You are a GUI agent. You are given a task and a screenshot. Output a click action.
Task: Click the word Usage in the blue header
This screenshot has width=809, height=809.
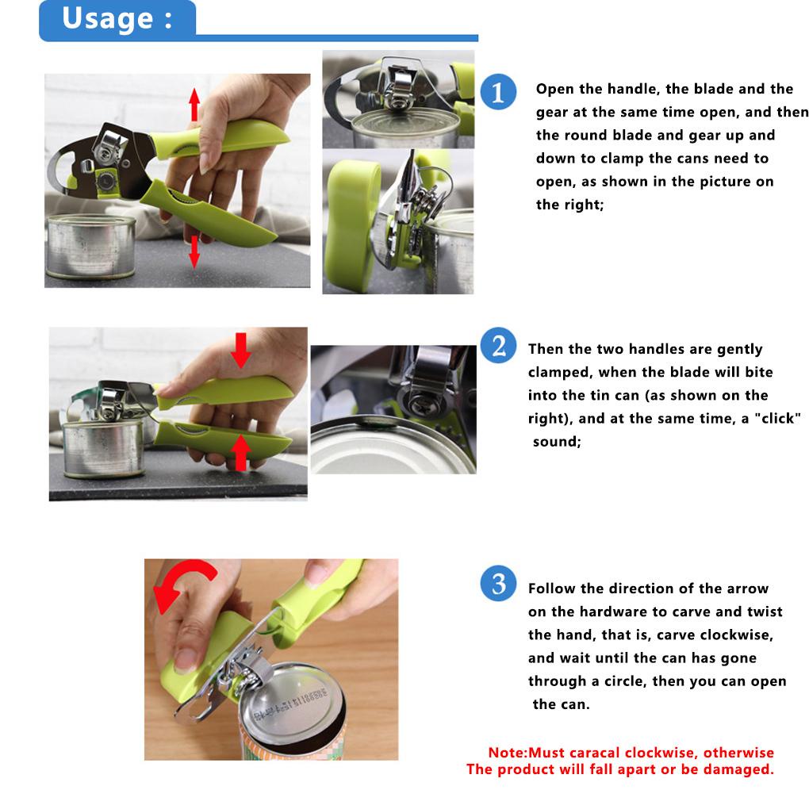(107, 19)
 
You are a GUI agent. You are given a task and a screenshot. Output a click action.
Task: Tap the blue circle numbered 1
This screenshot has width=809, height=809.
(498, 92)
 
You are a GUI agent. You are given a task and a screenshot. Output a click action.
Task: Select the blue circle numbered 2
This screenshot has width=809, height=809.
(498, 345)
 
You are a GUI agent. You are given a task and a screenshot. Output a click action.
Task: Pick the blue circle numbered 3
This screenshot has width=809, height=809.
(498, 584)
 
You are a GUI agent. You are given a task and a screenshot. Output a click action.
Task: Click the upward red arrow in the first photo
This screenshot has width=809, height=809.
(194, 105)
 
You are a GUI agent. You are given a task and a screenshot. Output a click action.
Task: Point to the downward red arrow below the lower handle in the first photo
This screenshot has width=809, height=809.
(194, 251)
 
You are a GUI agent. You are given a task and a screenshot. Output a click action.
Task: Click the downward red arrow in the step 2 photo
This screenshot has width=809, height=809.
(240, 350)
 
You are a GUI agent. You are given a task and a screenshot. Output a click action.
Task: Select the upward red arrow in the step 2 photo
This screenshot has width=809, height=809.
(240, 452)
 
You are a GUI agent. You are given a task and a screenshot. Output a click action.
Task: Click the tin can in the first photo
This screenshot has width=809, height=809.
(90, 247)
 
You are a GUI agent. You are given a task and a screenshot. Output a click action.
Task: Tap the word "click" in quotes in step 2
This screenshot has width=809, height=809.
(777, 418)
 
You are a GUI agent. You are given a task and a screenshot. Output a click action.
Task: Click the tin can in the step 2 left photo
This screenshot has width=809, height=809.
(103, 447)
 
